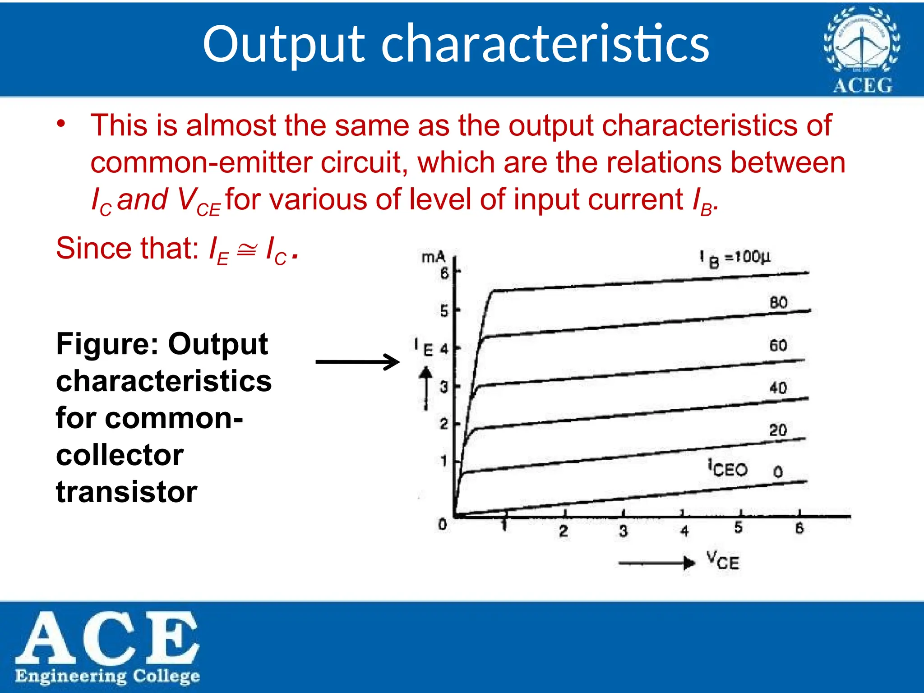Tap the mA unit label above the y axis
[x=433, y=257]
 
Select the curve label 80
[x=778, y=302]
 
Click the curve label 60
[x=778, y=345]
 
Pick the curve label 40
[x=778, y=388]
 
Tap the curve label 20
[x=778, y=430]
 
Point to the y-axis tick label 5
[x=444, y=311]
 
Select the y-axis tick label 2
[x=444, y=424]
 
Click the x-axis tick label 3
[x=623, y=531]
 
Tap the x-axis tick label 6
[x=799, y=528]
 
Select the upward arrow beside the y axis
[x=425, y=388]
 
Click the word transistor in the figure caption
[x=126, y=492]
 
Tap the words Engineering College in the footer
[x=107, y=675]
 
